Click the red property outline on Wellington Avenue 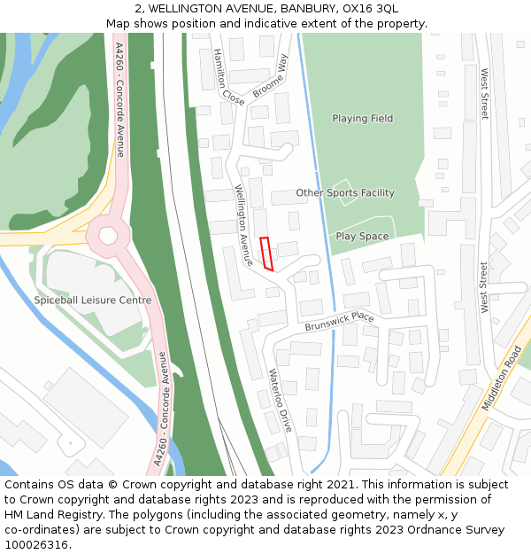tap(266, 254)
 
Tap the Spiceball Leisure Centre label tap(92, 300)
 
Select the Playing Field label tap(362, 119)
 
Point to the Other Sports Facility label tap(345, 192)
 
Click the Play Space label tap(362, 237)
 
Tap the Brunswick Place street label tap(340, 322)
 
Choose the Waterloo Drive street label tap(280, 401)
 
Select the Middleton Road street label tap(502, 378)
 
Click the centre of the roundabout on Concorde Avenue tap(109, 236)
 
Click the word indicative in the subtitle tap(295, 24)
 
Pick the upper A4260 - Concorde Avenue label tap(119, 99)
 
